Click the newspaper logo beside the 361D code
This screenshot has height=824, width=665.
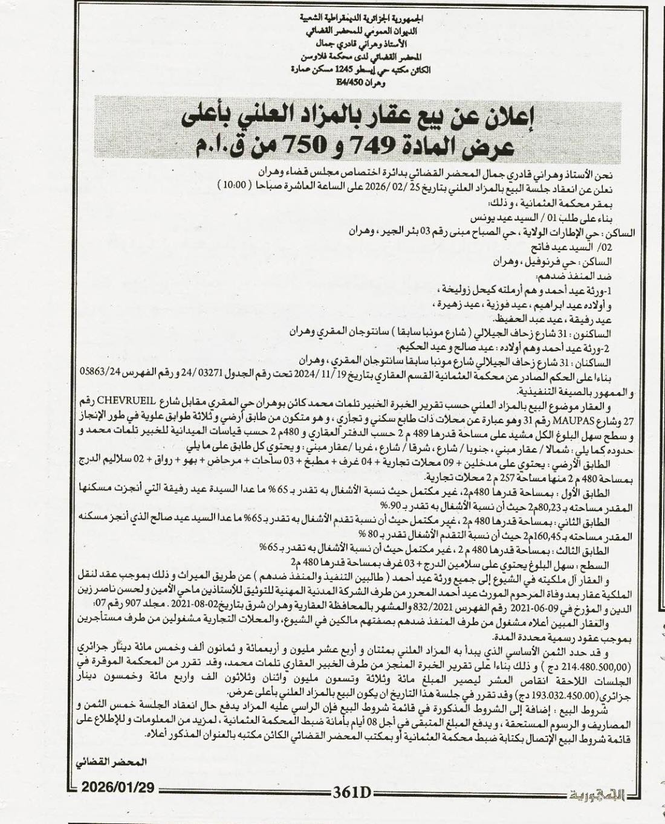[595, 792]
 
